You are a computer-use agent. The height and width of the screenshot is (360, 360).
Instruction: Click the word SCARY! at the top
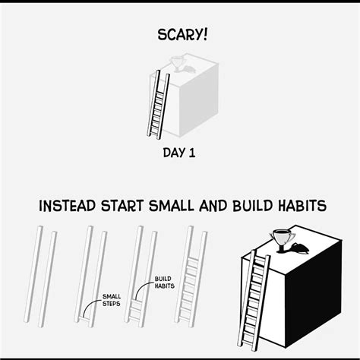click(x=182, y=35)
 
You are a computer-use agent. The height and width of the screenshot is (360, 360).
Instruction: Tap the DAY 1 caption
click(x=179, y=153)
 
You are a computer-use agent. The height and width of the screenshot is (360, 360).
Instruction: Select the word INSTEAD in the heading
click(x=67, y=206)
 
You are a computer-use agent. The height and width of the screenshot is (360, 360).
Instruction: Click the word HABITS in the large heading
click(x=302, y=206)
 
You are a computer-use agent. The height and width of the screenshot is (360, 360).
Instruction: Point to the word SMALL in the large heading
click(x=171, y=206)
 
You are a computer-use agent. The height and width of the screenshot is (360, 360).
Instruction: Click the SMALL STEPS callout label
click(x=112, y=300)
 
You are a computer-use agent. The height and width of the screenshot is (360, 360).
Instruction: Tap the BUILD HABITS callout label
click(x=164, y=283)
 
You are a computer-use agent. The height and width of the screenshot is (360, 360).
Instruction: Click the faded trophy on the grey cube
click(x=176, y=64)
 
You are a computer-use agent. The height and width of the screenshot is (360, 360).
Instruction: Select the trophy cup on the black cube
click(x=282, y=241)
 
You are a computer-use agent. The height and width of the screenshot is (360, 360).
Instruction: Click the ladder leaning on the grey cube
click(x=158, y=105)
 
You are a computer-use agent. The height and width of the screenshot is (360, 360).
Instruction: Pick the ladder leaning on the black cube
click(x=254, y=301)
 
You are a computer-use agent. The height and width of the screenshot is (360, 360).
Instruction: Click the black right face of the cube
click(x=314, y=291)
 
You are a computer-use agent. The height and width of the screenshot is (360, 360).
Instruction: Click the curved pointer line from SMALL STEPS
click(x=90, y=305)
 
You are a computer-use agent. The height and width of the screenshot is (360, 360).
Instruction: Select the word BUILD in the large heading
click(x=253, y=206)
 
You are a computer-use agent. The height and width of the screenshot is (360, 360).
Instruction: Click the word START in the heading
click(x=122, y=206)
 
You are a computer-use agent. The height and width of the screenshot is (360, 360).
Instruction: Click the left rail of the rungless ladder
click(x=33, y=274)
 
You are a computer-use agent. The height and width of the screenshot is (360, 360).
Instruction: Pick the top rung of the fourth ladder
click(x=193, y=260)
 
